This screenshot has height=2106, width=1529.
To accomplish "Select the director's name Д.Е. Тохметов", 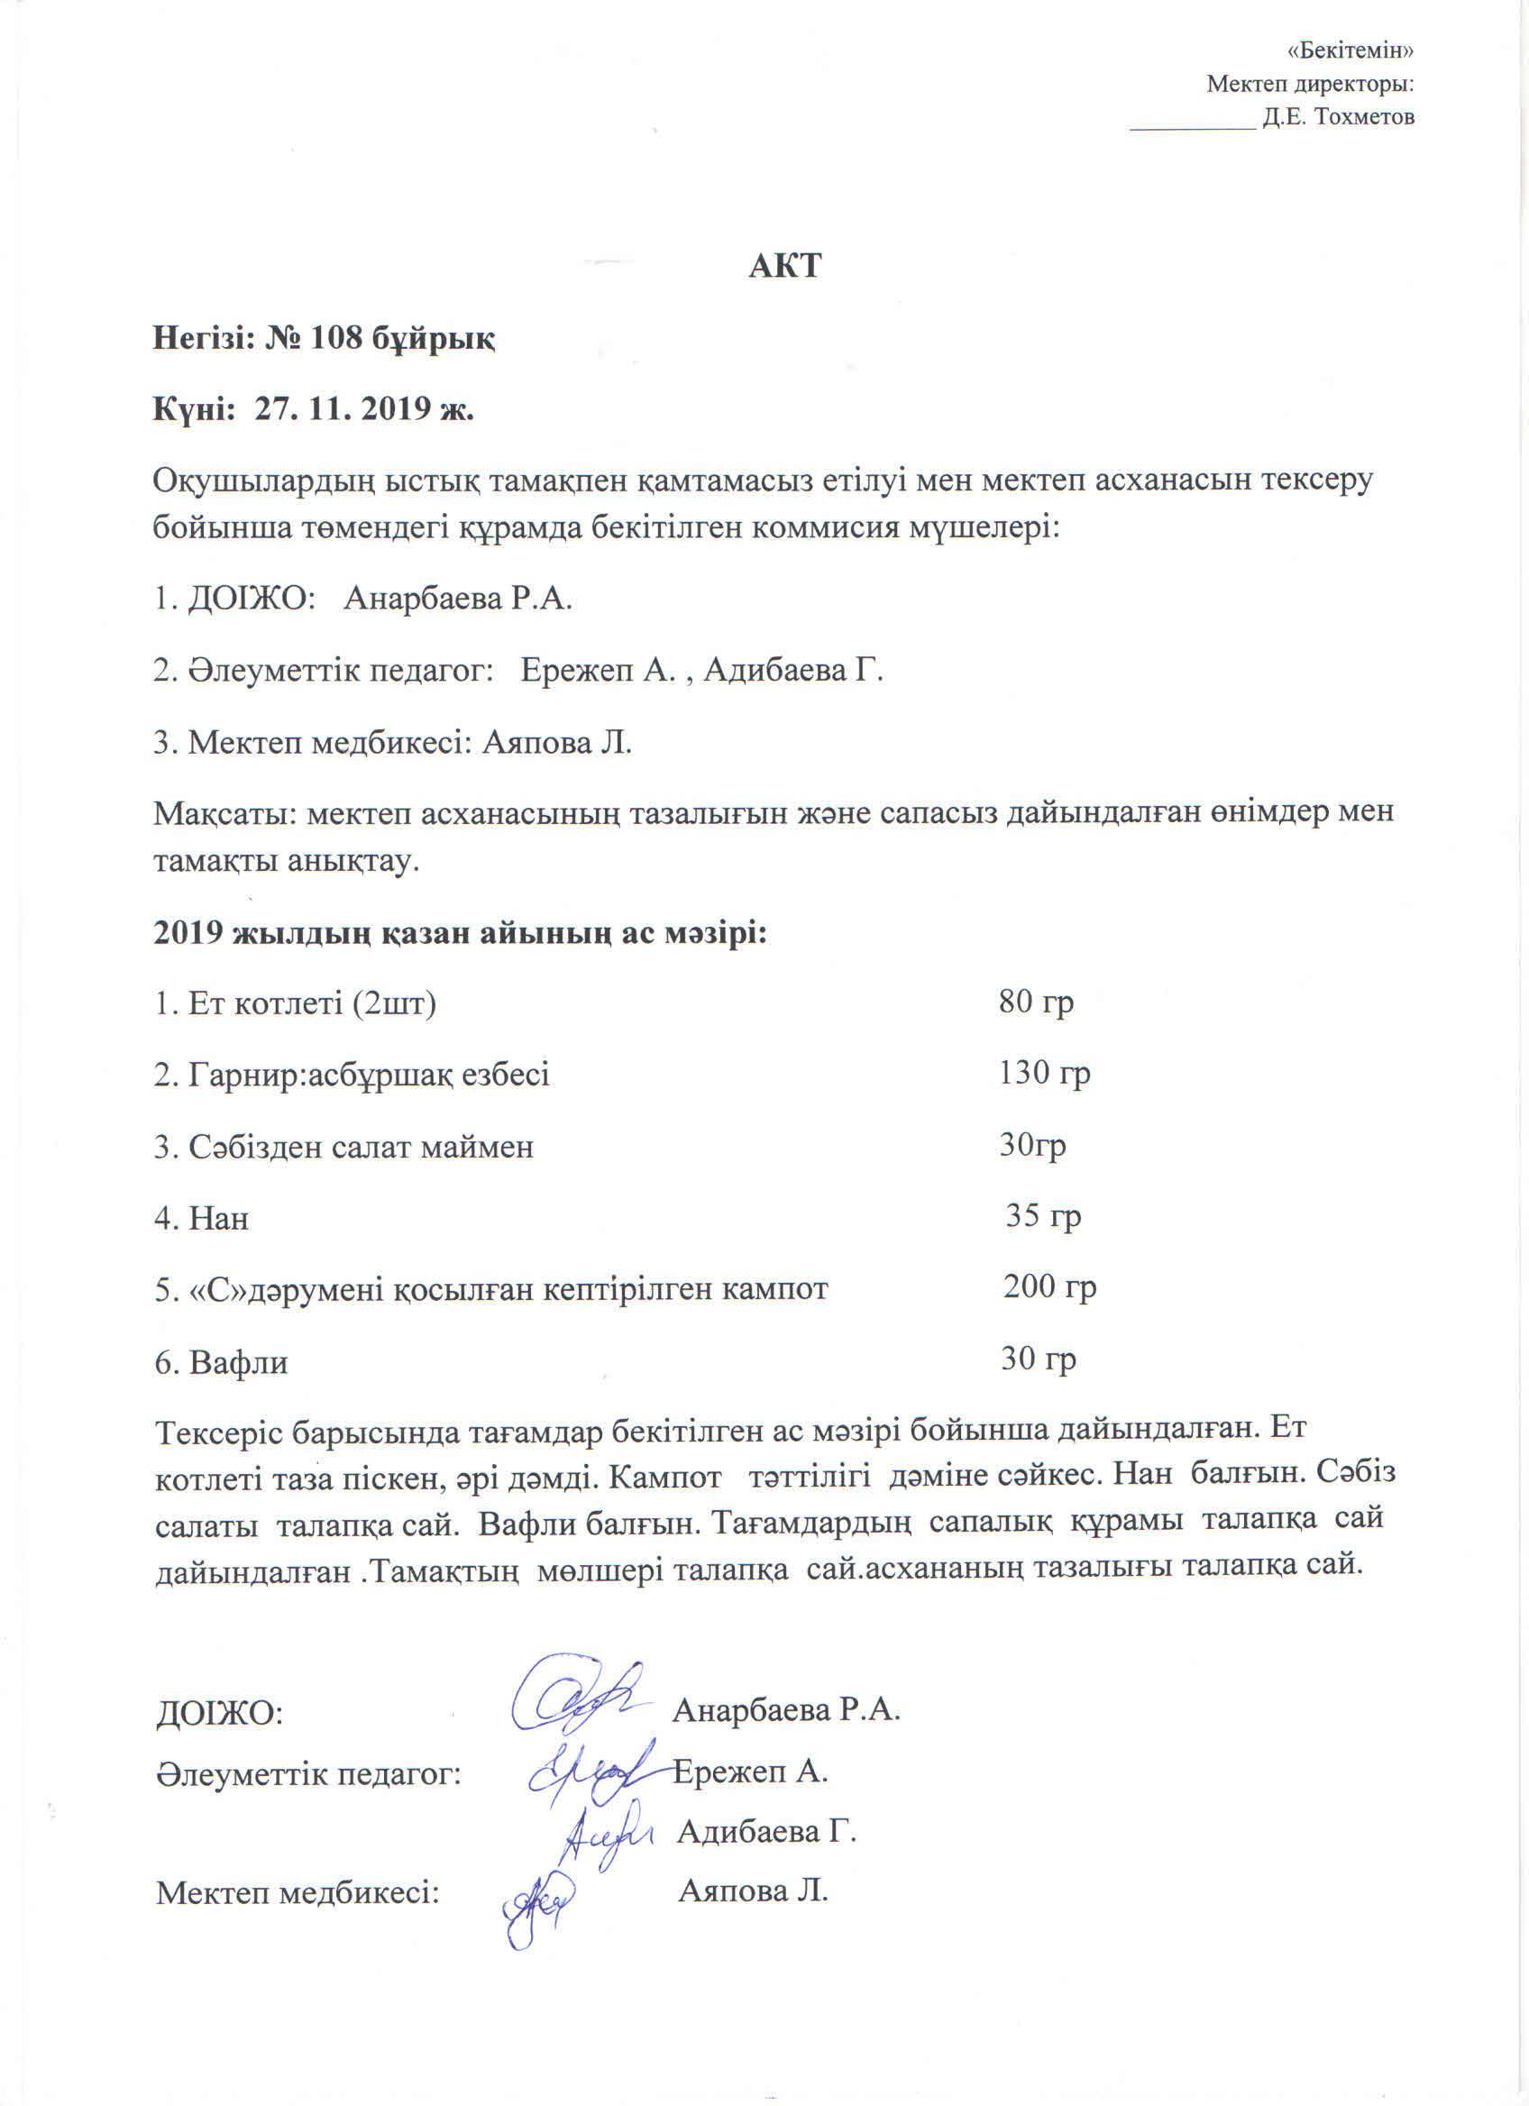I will (1339, 118).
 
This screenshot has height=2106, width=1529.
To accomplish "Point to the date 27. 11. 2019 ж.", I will (364, 409).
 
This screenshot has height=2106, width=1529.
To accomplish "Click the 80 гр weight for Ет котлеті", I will (1036, 1002).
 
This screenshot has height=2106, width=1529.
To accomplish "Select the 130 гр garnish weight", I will (1043, 1074).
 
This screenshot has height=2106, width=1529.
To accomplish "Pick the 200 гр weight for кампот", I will (1049, 1288).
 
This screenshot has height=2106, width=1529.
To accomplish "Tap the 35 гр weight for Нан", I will (1043, 1215).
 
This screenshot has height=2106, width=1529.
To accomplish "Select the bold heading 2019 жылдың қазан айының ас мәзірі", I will (461, 931).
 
